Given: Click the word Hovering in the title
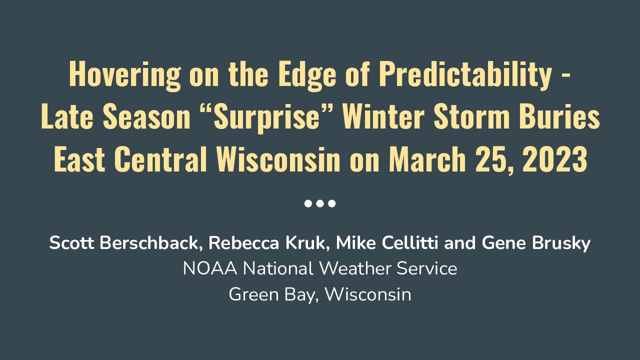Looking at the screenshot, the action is (x=125, y=75).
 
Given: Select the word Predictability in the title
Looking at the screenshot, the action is (x=465, y=74).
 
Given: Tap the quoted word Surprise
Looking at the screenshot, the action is (x=266, y=117).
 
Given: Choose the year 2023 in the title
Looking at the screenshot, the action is (x=554, y=159).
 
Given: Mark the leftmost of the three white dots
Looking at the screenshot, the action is (x=308, y=203).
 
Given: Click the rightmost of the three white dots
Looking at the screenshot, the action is (x=331, y=203).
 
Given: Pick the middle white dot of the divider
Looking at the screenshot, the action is (x=320, y=203).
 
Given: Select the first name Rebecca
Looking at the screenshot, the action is (x=243, y=243).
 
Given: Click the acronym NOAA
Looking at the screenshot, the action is (x=210, y=268).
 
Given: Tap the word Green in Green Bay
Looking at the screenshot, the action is (x=253, y=294).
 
